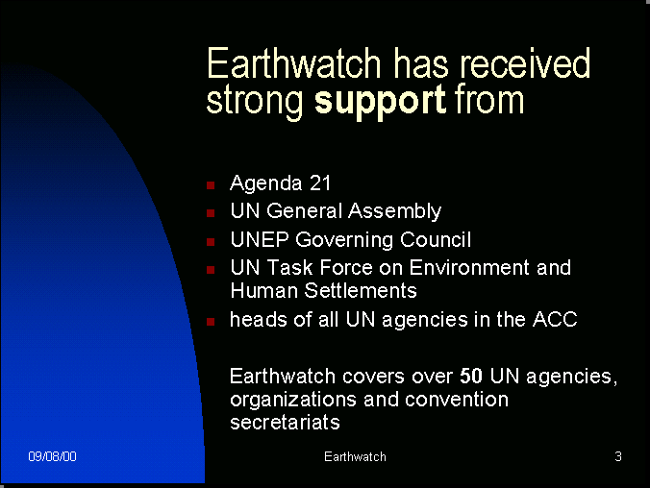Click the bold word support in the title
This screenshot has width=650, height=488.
[380, 102]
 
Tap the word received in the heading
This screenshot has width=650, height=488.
[525, 63]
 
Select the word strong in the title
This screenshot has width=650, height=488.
[255, 102]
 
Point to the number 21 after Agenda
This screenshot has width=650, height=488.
[320, 183]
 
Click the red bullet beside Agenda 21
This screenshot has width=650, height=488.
[211, 185]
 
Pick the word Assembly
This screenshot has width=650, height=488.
[394, 211]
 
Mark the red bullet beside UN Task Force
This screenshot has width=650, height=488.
[211, 270]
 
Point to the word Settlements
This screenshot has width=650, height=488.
[361, 290]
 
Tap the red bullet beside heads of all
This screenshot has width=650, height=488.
[211, 322]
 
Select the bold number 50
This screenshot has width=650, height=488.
[471, 377]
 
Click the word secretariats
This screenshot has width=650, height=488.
[285, 423]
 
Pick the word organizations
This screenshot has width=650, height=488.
[293, 401]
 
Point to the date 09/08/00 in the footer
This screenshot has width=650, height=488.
[52, 456]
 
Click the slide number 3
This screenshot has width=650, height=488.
[618, 456]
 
